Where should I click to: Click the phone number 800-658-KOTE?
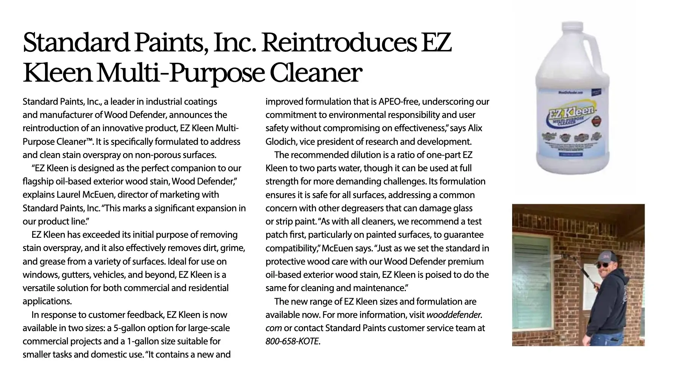point(292,341)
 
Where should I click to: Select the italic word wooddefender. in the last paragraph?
point(454,315)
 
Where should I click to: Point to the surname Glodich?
point(280,142)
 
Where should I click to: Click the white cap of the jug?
point(573,27)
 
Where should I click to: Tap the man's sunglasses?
point(602,266)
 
